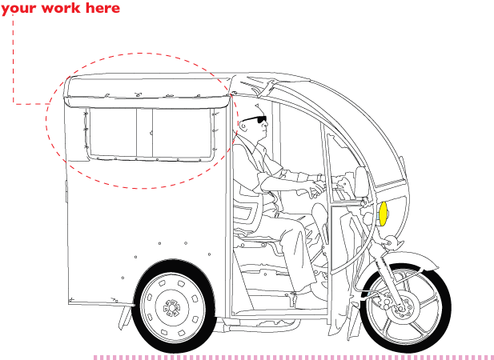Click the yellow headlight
click(383, 214)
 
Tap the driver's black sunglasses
click(255, 119)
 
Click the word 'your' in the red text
click(16, 8)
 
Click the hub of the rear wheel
click(171, 307)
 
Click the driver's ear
click(243, 126)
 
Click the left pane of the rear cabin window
click(113, 132)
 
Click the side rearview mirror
click(362, 182)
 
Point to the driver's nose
click(267, 124)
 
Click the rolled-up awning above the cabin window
click(147, 102)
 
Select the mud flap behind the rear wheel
click(125, 318)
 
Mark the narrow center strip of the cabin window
click(145, 133)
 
